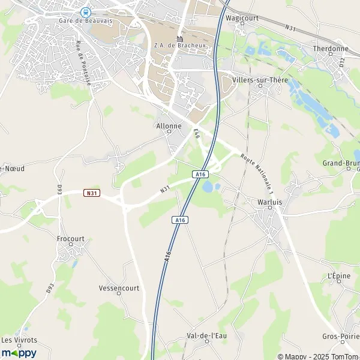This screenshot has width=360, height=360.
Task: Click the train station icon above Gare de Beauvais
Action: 85,11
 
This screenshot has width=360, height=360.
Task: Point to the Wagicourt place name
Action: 241,18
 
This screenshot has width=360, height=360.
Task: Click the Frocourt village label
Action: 71,238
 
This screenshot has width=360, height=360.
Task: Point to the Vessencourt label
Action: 119,288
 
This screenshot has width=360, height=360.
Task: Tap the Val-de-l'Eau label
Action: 207,335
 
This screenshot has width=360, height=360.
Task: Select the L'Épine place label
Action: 339,275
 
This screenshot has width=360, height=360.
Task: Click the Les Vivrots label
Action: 19,340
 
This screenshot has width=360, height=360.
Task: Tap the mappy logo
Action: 19,353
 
